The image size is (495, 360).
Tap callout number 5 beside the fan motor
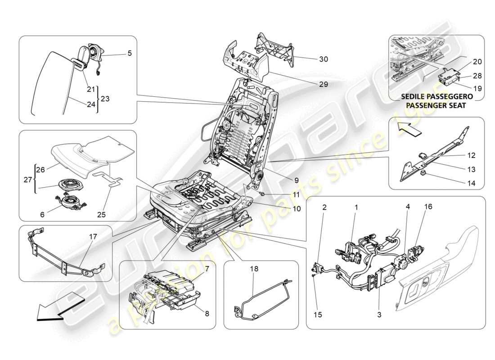(x=129, y=53)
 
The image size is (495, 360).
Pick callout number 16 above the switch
(x=427, y=207)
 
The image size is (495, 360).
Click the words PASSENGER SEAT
(x=436, y=105)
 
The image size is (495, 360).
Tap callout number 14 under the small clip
(x=470, y=184)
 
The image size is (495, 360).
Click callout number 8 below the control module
(x=207, y=315)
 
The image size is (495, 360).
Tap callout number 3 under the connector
(x=379, y=315)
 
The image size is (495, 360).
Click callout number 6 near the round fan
(x=42, y=215)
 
